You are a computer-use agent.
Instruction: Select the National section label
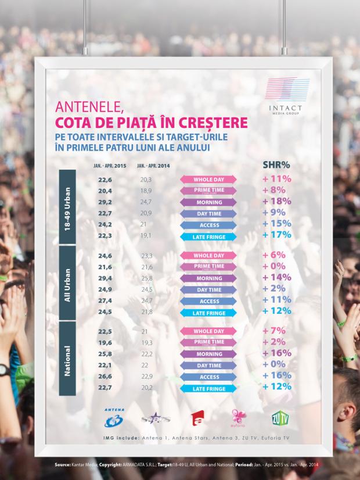click(67, 360)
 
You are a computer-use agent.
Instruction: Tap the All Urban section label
click(67, 284)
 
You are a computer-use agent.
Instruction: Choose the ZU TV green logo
click(279, 417)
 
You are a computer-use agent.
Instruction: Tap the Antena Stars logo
click(154, 418)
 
